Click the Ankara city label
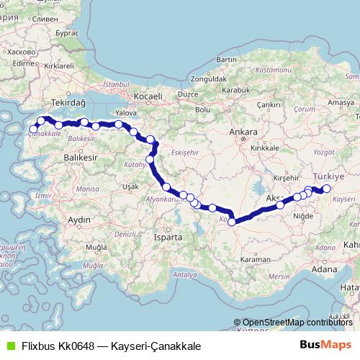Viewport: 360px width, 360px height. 238,132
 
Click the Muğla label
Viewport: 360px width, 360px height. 94,246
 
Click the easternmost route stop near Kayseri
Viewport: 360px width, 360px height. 326,189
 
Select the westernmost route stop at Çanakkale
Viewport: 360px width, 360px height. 33,130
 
